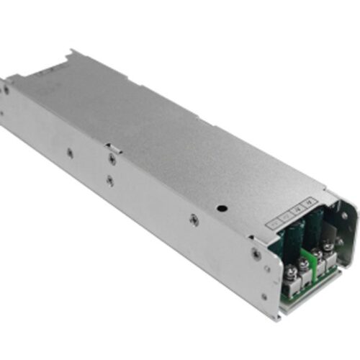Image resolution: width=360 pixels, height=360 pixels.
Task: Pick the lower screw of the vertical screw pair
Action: point(109,180)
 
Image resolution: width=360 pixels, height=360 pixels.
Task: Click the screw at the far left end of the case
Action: point(6,91)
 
